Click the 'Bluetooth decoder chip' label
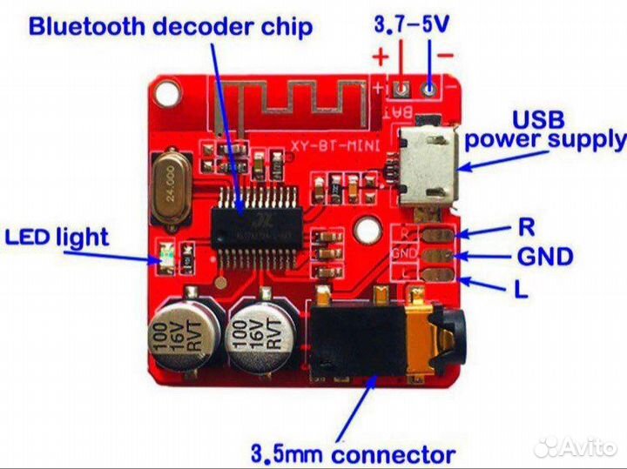pos(170,26)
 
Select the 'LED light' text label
pos(57,237)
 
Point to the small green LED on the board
pos(166,258)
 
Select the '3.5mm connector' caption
pos(352,453)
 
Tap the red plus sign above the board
pos(381,58)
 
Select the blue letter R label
pos(525,227)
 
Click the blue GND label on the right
pos(544,257)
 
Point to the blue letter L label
pos(521,290)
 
